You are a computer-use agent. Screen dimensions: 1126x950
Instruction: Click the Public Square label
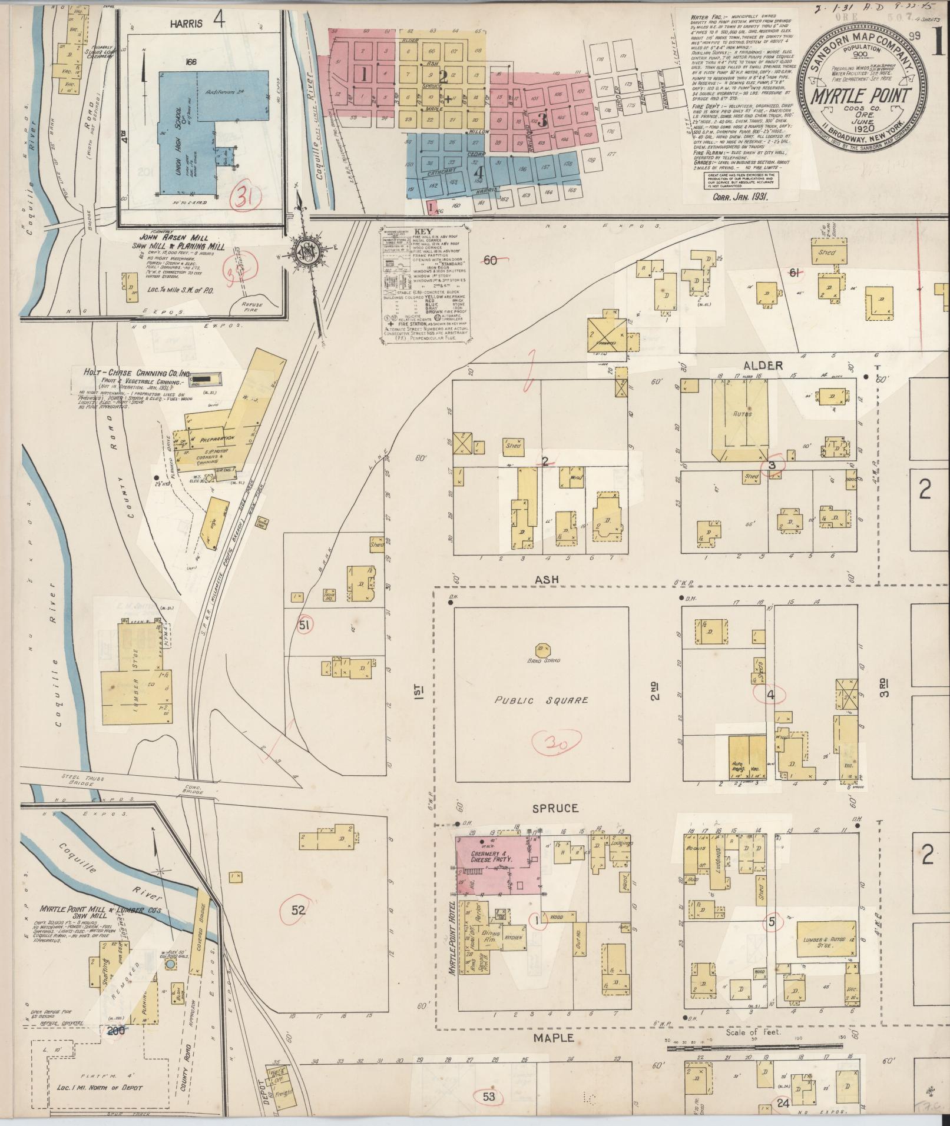pyautogui.click(x=541, y=700)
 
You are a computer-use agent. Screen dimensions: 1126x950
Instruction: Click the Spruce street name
pyautogui.click(x=555, y=808)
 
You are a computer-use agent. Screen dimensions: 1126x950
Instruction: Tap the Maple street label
pyautogui.click(x=553, y=1038)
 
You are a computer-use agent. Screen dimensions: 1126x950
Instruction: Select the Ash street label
pyautogui.click(x=546, y=580)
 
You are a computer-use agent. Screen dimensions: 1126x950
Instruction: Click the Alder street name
pyautogui.click(x=766, y=366)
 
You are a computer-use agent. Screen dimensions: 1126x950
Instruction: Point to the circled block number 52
pyautogui.click(x=299, y=910)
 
